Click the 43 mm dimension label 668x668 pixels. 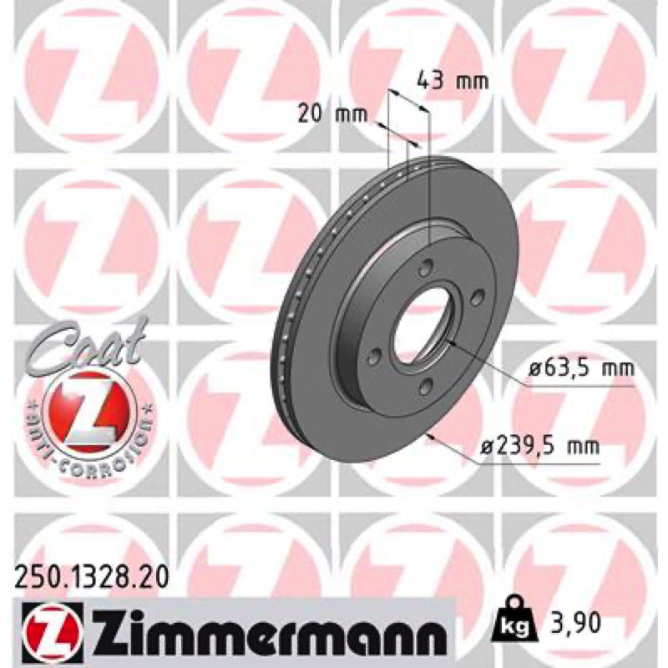click(x=452, y=80)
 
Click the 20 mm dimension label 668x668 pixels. click(x=331, y=114)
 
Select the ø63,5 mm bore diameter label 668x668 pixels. click(x=581, y=367)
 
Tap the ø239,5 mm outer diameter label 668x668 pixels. click(x=539, y=446)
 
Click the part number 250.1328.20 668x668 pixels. click(x=92, y=578)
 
